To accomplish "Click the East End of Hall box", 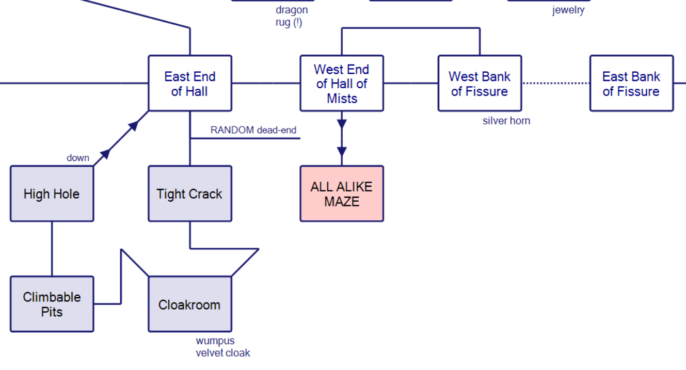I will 189,84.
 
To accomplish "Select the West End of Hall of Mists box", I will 342,84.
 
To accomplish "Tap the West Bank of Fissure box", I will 480,84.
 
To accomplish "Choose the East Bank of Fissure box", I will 631,84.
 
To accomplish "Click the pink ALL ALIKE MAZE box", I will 342,194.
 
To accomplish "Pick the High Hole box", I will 52,194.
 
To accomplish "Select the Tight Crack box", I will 189,194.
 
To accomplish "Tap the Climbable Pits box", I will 52,304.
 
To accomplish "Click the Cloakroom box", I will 189,304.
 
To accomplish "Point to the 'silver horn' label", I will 506,121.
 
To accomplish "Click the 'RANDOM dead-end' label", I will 253,130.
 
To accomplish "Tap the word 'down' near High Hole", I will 78,158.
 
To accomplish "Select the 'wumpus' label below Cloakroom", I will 215,341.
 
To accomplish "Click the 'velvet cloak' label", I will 223,353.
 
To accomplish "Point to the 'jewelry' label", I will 568,10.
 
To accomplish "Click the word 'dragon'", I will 292,10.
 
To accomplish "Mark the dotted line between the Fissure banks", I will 555,83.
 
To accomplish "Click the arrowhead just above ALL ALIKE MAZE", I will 342,152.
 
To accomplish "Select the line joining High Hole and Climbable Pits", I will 52,249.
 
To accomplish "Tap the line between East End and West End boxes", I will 266,83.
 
